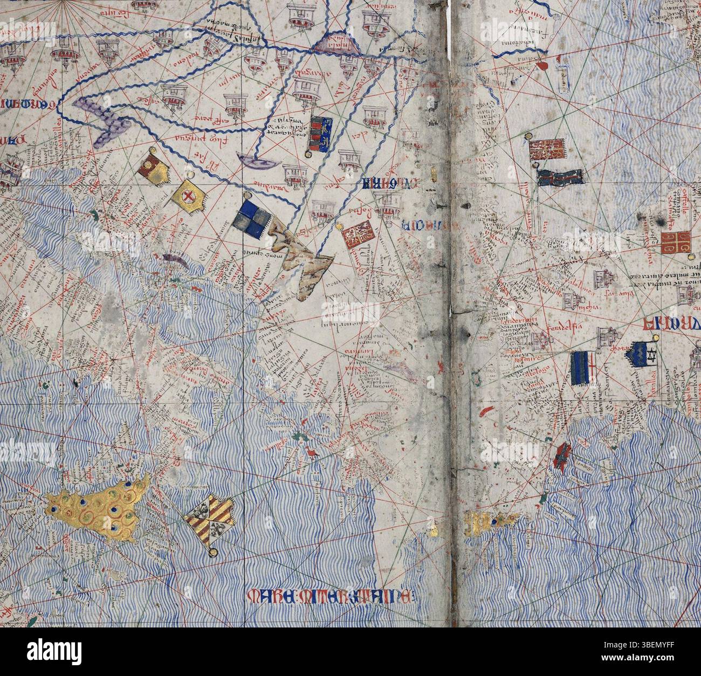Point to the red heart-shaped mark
point(542,66)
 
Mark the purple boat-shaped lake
point(253,160)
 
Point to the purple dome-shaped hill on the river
point(336,43)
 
